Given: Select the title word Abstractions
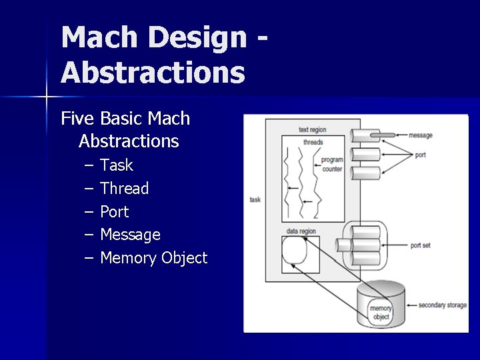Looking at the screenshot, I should pyautogui.click(x=153, y=72).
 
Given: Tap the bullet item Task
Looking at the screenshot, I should pyautogui.click(x=117, y=165).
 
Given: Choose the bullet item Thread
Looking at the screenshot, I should pyautogui.click(x=125, y=189).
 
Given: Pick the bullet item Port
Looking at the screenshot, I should pyautogui.click(x=114, y=212).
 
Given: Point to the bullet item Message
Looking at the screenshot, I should pyautogui.click(x=130, y=235).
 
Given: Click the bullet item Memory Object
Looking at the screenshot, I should pyautogui.click(x=153, y=258).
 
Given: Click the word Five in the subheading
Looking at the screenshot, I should pyautogui.click(x=78, y=119).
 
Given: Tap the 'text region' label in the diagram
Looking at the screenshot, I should pyautogui.click(x=313, y=129).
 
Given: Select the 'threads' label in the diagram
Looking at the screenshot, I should pyautogui.click(x=313, y=142).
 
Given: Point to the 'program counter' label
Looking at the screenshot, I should pyautogui.click(x=331, y=165).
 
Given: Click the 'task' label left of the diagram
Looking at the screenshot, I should pyautogui.click(x=255, y=199).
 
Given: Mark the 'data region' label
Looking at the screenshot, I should pyautogui.click(x=301, y=231).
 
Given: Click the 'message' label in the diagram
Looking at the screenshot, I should pyautogui.click(x=421, y=135).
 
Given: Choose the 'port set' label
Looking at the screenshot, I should pyautogui.click(x=420, y=245).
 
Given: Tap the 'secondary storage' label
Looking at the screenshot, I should pyautogui.click(x=442, y=305).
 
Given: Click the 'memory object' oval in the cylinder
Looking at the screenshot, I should pyautogui.click(x=381, y=313).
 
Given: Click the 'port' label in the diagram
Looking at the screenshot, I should pyautogui.click(x=420, y=155).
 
